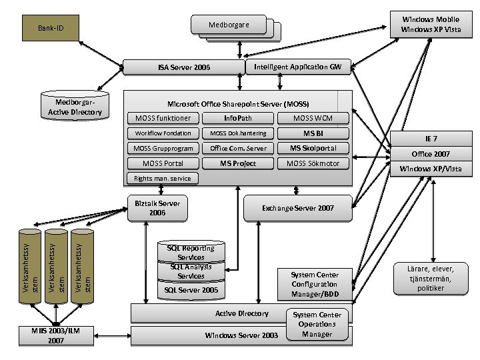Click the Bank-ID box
click(x=50, y=29)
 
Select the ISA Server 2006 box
click(x=183, y=67)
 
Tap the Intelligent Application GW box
click(x=297, y=67)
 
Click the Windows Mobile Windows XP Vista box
click(x=430, y=25)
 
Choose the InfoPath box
click(x=238, y=118)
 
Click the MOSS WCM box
click(x=313, y=118)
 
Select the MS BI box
click(x=313, y=133)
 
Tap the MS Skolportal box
click(x=313, y=148)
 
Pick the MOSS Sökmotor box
click(x=313, y=163)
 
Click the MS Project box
click(x=238, y=163)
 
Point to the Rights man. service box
click(x=162, y=178)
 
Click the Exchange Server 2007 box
click(x=298, y=208)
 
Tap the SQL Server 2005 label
click(x=191, y=291)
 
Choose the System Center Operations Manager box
click(x=317, y=324)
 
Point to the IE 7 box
click(x=431, y=139)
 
